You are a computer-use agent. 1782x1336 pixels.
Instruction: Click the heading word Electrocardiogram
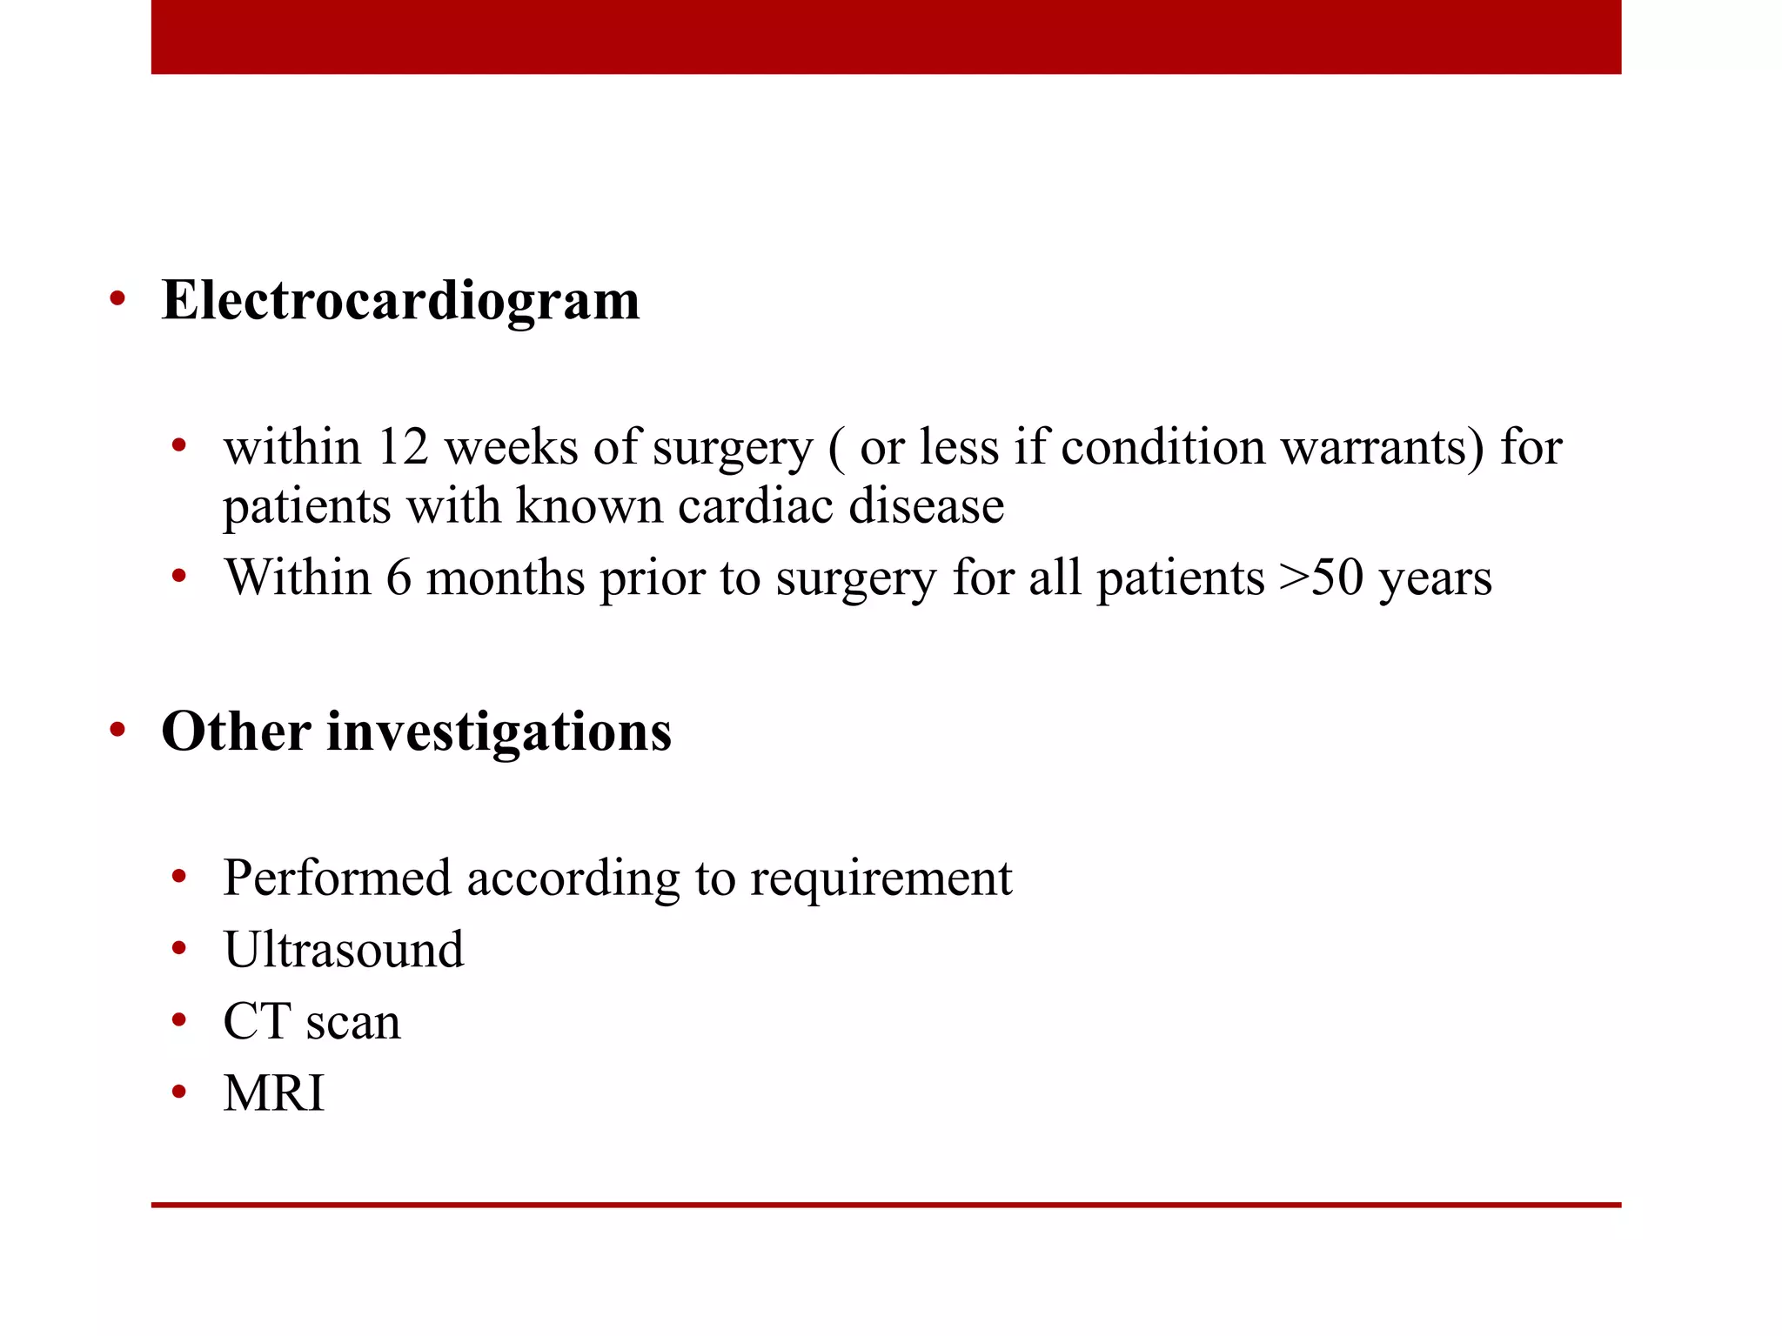coord(400,301)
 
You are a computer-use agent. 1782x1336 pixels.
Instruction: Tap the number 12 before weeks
coord(403,448)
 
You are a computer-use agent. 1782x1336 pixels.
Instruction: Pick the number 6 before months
coord(399,578)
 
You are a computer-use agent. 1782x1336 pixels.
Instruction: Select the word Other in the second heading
coord(236,731)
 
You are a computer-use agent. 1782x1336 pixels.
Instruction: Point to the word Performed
coord(337,878)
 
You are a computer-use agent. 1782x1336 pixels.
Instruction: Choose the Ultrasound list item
coord(344,949)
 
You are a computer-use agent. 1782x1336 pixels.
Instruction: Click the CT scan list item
coord(312,1021)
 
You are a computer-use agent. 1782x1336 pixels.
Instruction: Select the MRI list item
coord(274,1093)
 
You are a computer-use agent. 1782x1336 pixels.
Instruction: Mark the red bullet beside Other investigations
coord(117,731)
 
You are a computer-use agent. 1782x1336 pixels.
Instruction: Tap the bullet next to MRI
coord(179,1092)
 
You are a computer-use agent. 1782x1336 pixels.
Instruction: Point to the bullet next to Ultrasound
coord(179,949)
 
